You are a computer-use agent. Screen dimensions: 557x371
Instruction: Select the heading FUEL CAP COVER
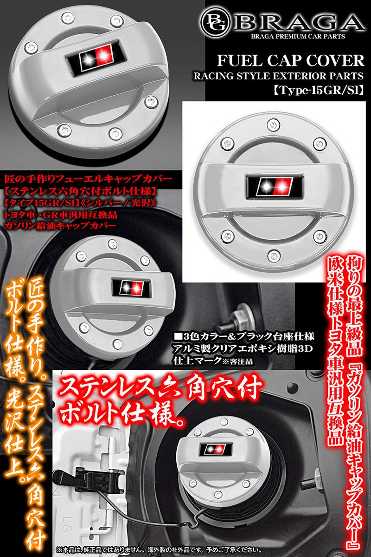[x=291, y=61]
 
